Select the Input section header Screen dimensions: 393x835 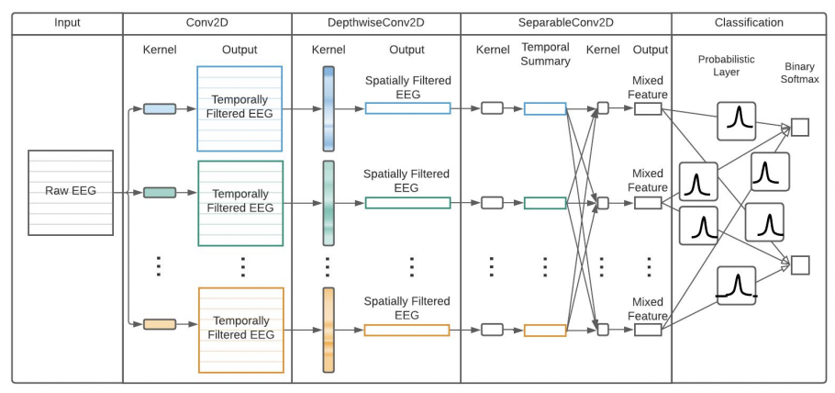coord(67,22)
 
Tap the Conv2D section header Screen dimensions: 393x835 coord(207,22)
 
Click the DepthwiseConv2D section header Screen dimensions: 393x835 coord(376,22)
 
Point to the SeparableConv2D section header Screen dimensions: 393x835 coord(565,22)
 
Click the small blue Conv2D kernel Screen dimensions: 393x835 coord(159,108)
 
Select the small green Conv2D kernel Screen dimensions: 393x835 coord(159,193)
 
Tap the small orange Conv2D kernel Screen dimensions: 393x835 coord(159,323)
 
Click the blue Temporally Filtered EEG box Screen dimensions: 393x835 coord(239,108)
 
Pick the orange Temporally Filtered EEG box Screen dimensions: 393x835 coord(239,329)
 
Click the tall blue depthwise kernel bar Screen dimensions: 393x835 coord(328,108)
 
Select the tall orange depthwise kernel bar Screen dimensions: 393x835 coord(328,330)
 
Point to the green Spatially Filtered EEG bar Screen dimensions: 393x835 coord(407,203)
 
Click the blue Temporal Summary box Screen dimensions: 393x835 coord(545,108)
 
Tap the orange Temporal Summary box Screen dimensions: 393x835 coord(545,330)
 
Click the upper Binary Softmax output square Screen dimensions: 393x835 coord(799,128)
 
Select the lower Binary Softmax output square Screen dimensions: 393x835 coord(799,265)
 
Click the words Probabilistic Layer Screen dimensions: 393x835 coord(726,66)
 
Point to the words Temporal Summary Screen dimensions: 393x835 coord(545,55)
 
